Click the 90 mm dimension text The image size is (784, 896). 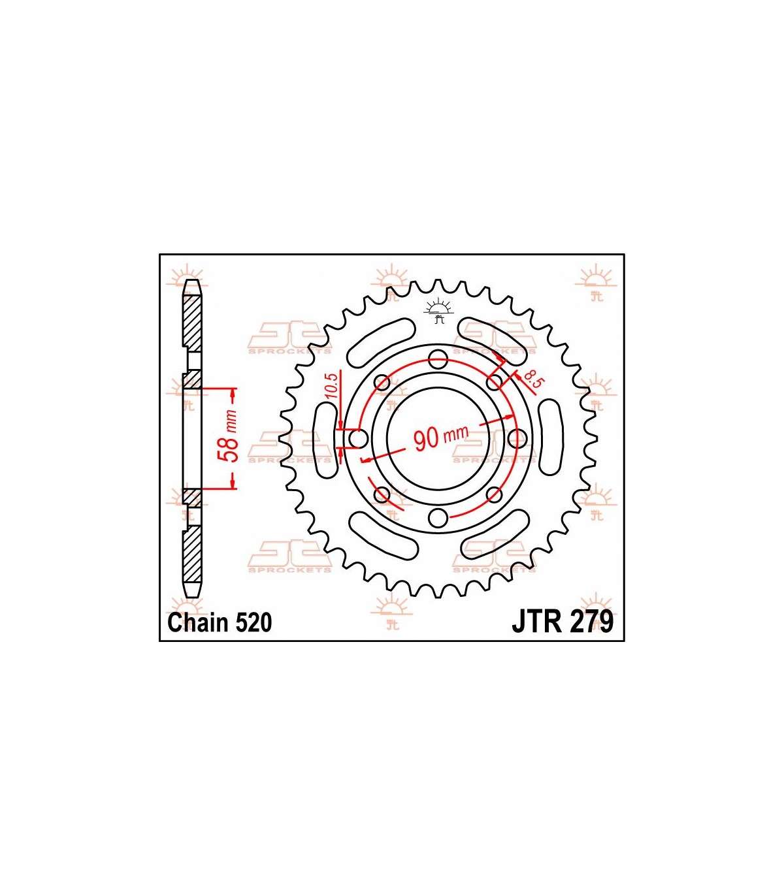(x=440, y=437)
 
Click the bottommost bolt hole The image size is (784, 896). (x=438, y=518)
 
